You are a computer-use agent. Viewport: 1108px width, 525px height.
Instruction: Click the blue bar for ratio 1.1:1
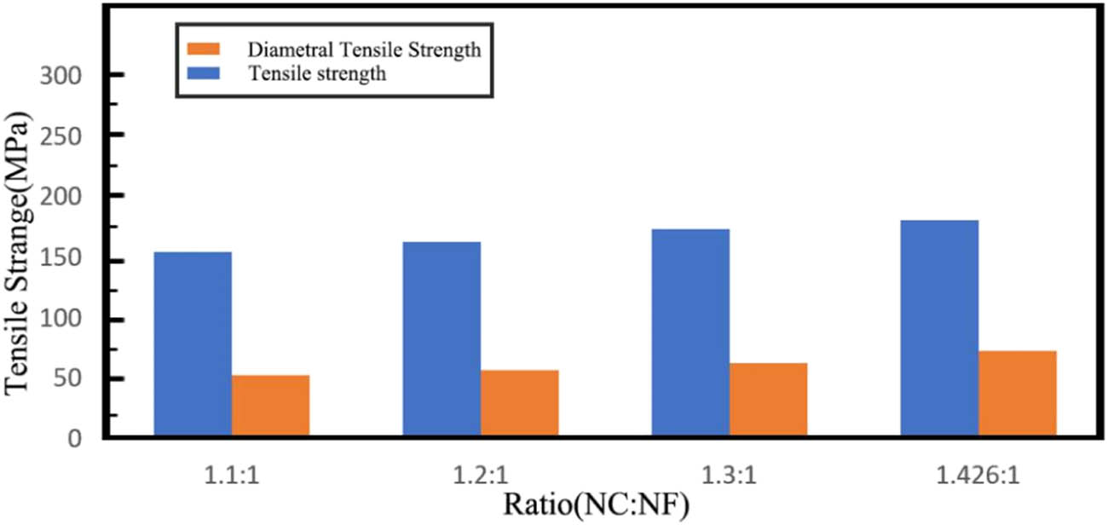pos(192,345)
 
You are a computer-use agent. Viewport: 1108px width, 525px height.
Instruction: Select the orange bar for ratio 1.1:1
pos(270,407)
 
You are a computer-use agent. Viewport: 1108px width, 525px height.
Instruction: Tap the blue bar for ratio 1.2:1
pos(441,340)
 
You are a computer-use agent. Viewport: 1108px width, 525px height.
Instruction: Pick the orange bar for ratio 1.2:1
pos(520,404)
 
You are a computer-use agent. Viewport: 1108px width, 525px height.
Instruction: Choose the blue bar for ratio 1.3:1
pos(690,333)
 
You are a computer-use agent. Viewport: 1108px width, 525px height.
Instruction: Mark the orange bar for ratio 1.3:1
pos(769,401)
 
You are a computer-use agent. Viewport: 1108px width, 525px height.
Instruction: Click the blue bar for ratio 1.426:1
pos(939,329)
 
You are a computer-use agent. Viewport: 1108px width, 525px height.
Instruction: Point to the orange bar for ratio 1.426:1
pos(1018,395)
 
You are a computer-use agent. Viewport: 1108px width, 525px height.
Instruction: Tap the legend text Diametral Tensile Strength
pos(366,49)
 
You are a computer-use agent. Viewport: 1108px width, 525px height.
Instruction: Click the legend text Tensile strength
pos(318,73)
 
